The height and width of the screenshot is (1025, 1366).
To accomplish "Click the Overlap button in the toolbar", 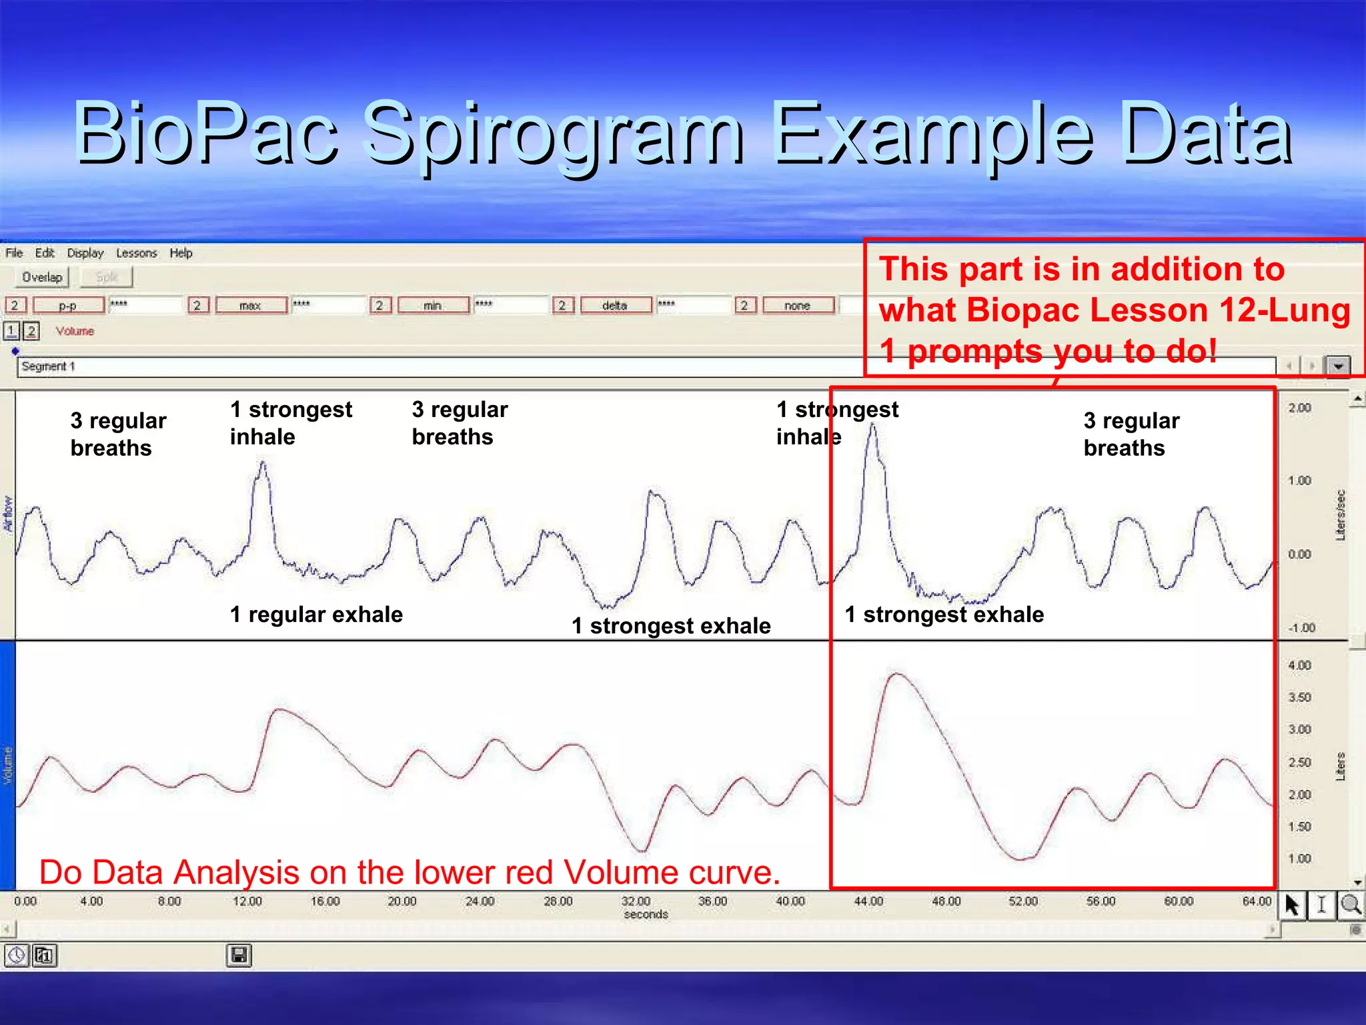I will click(41, 277).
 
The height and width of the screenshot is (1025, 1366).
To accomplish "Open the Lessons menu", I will click(136, 253).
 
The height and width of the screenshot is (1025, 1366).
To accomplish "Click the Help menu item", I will click(181, 253).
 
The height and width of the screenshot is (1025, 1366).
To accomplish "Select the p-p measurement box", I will click(69, 306).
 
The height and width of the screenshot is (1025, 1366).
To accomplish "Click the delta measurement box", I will click(615, 306).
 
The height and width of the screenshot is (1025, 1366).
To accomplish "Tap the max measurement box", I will click(251, 306).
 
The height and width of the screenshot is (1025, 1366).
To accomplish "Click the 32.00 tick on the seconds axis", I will click(635, 902).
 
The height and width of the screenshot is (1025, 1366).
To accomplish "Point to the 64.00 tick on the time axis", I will click(1256, 902).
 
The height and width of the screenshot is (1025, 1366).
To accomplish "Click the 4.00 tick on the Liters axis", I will click(1299, 665).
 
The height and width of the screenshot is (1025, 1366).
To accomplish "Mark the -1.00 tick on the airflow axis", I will click(1301, 628).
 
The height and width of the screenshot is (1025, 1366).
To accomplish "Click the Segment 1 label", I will click(48, 366).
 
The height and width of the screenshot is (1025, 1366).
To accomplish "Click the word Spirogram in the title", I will click(555, 133).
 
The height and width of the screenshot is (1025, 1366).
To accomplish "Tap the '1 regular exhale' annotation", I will click(316, 615).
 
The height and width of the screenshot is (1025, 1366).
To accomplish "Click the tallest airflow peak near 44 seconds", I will click(872, 427).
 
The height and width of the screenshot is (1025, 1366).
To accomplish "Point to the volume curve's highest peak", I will click(896, 675).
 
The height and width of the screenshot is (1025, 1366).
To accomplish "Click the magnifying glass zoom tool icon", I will click(1351, 906).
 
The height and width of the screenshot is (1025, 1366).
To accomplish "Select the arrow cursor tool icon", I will click(1292, 906).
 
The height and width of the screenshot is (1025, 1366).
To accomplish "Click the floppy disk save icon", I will click(239, 956).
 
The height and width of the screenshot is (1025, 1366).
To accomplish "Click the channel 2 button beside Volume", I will click(31, 331).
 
